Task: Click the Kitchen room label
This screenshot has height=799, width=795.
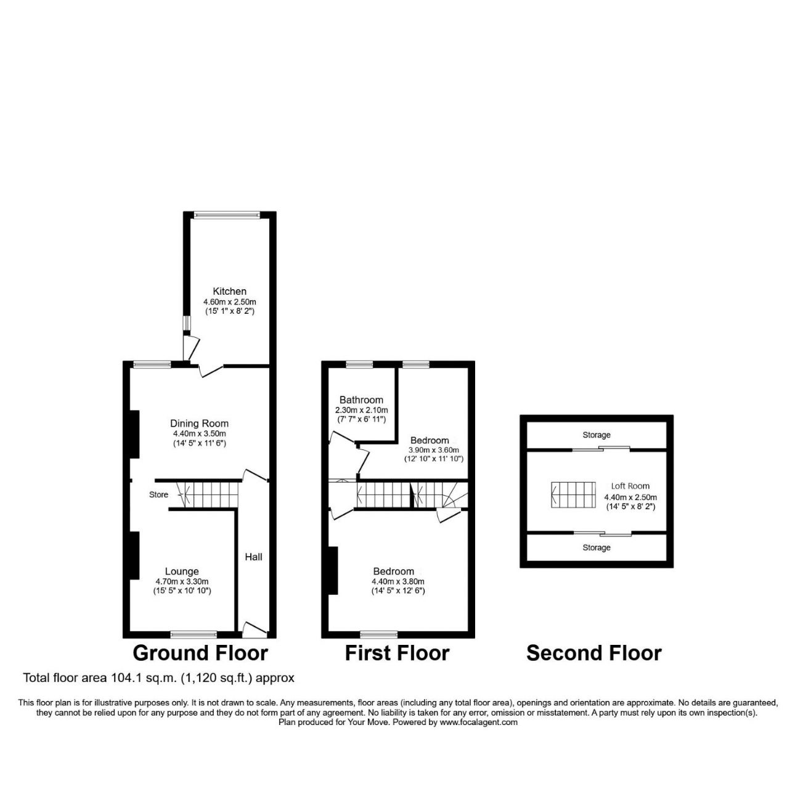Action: [x=229, y=291]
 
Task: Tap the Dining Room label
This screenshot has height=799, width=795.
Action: [x=199, y=424]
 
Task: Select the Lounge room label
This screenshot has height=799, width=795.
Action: [x=181, y=572]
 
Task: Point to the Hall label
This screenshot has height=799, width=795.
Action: [x=253, y=557]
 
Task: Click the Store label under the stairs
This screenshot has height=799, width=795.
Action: [x=158, y=494]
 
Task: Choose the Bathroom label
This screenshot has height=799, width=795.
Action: [x=361, y=400]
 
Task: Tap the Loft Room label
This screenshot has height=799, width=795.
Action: [x=630, y=486]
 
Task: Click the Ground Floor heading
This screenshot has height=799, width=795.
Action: [x=200, y=653]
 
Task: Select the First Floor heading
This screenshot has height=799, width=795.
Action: [x=397, y=653]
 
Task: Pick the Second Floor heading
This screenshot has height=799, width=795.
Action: [x=593, y=653]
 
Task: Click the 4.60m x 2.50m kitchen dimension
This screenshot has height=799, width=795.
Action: [x=229, y=302]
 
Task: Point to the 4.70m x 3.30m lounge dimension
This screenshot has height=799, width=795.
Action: [x=181, y=581]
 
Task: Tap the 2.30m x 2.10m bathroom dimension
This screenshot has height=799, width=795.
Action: [x=361, y=410]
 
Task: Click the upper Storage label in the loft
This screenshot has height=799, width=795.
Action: [x=596, y=435]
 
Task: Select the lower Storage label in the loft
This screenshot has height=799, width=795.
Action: [x=596, y=547]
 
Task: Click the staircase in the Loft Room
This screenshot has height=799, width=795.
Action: [x=573, y=494]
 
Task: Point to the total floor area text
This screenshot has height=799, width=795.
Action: [x=158, y=678]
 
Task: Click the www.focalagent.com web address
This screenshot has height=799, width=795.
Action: [x=478, y=722]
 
